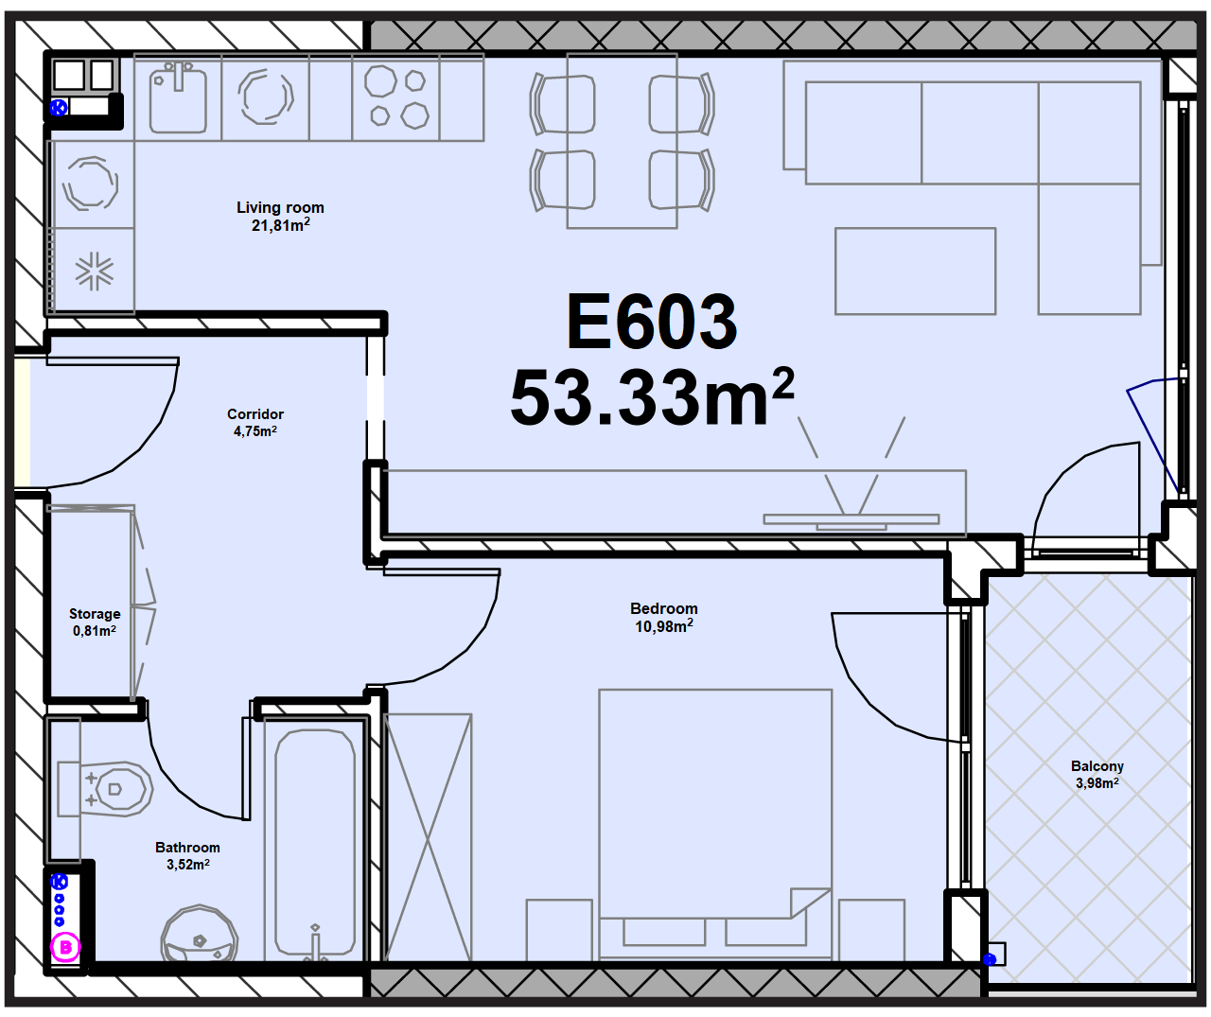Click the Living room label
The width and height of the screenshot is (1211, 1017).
tap(280, 217)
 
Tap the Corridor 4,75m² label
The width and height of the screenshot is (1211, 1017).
tap(255, 422)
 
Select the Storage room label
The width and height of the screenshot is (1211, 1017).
tap(95, 622)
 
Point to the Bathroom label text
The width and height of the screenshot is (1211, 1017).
tap(187, 856)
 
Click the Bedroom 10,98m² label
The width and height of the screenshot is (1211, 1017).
tap(664, 617)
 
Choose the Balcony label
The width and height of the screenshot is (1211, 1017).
tap(1097, 775)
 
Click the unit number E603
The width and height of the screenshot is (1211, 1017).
tap(651, 322)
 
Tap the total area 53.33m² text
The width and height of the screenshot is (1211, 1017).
tap(652, 397)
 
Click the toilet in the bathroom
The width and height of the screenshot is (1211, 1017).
tap(105, 789)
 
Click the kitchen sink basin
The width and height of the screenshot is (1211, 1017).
tap(178, 99)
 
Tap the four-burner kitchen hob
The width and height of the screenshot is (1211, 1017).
tap(396, 96)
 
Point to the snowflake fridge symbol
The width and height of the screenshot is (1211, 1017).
tap(94, 271)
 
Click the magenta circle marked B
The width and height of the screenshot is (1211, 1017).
tap(65, 947)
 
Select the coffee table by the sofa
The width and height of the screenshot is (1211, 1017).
tap(915, 271)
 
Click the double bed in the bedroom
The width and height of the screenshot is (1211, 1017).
tap(715, 824)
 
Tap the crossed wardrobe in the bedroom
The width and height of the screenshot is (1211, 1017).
tap(428, 837)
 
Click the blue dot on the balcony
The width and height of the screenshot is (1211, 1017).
tap(990, 959)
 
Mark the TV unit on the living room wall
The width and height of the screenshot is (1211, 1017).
tap(675, 502)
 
